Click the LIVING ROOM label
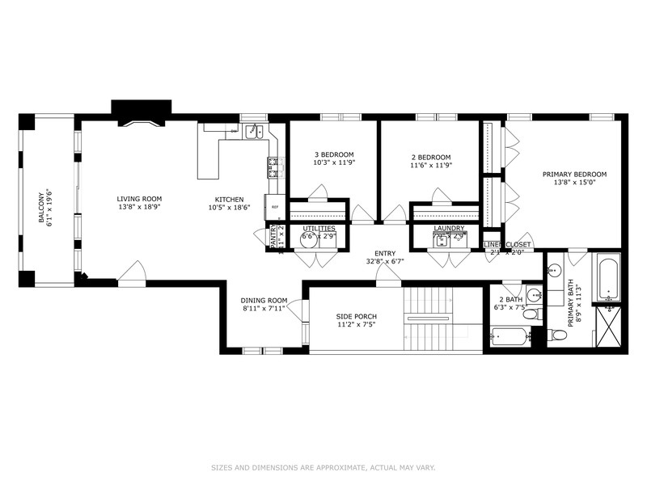(x=139, y=199)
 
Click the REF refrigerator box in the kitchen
(x=275, y=207)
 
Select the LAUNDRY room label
(x=449, y=229)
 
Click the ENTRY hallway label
(x=384, y=253)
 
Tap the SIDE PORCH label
(x=357, y=316)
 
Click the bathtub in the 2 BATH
(x=509, y=335)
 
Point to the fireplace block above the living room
(x=141, y=110)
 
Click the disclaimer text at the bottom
(x=323, y=467)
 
